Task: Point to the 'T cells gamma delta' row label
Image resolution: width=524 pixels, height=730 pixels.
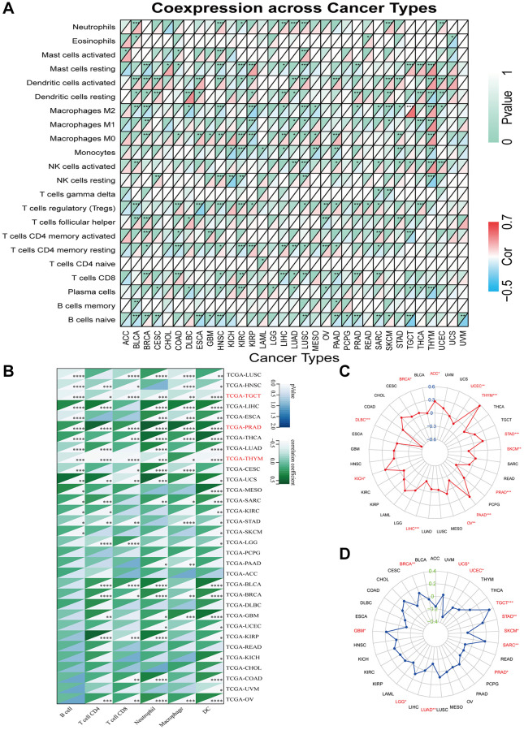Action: point(78,193)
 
